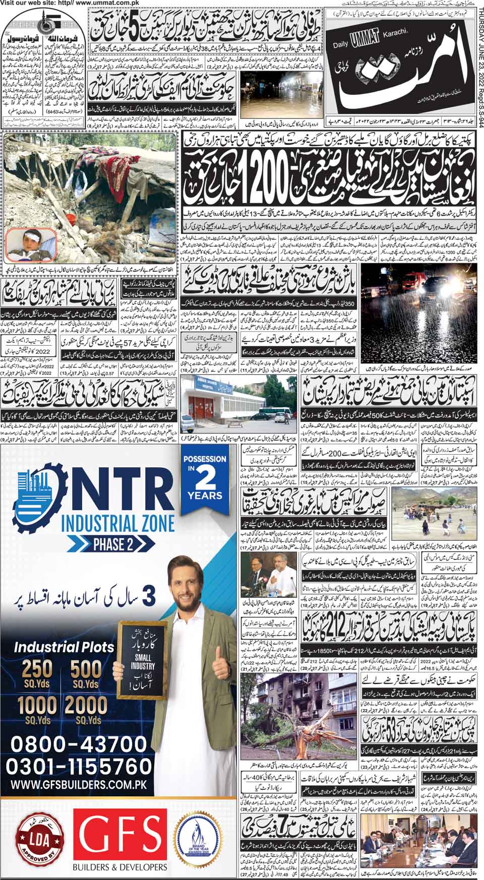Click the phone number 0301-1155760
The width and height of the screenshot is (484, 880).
pos(78,766)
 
